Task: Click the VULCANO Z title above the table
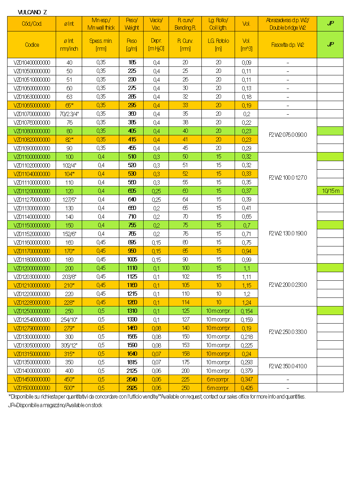tap(32, 12)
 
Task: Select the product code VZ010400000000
tap(32, 62)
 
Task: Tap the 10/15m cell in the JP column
tap(330, 191)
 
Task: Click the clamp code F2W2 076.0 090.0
tap(287, 135)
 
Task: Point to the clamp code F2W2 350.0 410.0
tap(287, 366)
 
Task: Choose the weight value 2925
tap(132, 388)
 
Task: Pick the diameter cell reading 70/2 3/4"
tap(69, 114)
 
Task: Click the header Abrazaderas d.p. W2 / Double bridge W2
tap(287, 24)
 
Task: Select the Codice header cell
tap(32, 45)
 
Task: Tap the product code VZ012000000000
tap(32, 268)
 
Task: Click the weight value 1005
tap(132, 260)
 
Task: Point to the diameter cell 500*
tap(69, 388)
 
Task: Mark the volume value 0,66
tap(246, 217)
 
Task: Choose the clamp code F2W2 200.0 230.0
tap(287, 285)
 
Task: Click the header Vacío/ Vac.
tap(156, 24)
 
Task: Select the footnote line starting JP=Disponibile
tap(55, 405)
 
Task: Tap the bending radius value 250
tap(185, 388)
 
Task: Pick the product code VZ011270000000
tap(32, 200)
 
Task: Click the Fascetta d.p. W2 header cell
tap(287, 45)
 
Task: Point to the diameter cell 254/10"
tap(69, 320)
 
